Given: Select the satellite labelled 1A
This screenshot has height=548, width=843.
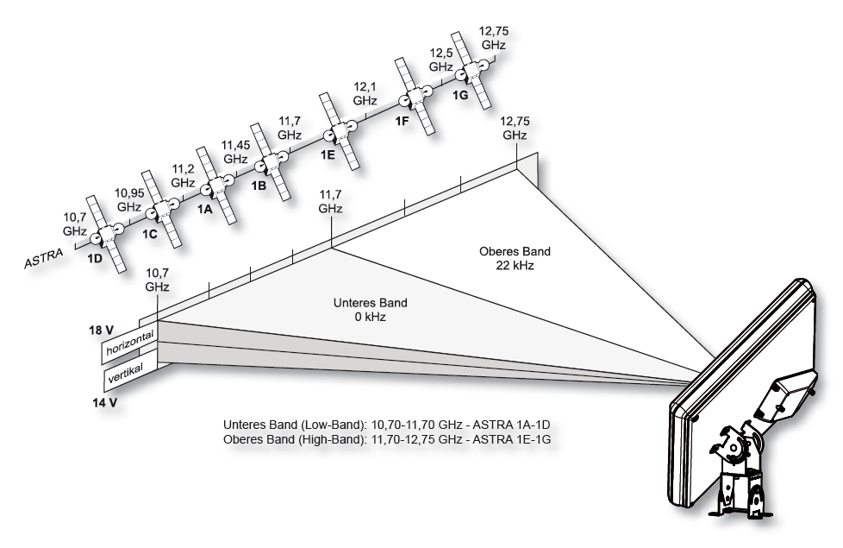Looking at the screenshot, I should pos(215,185).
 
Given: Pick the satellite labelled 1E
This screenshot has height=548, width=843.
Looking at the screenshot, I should pos(339,133).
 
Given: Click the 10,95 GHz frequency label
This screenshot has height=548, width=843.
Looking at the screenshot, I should pos(129,201).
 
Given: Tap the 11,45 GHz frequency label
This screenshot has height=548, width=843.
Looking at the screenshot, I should pos(235,152).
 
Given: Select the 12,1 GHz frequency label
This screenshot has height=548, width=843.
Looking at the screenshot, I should pos(365,93).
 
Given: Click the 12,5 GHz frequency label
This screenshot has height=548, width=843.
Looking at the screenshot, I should pos(441,60).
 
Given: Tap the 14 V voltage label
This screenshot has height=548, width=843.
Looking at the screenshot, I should pos(103,401).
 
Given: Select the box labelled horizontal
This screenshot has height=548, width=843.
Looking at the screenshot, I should pos(129,343).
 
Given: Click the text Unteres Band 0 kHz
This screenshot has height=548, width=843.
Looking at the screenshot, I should pos(371,311).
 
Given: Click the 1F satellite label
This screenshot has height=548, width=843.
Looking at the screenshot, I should pos(402,121).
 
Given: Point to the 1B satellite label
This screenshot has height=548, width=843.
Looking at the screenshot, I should pos(259,185).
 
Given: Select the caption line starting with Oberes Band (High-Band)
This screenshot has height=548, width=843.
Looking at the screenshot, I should pos(387,439).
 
